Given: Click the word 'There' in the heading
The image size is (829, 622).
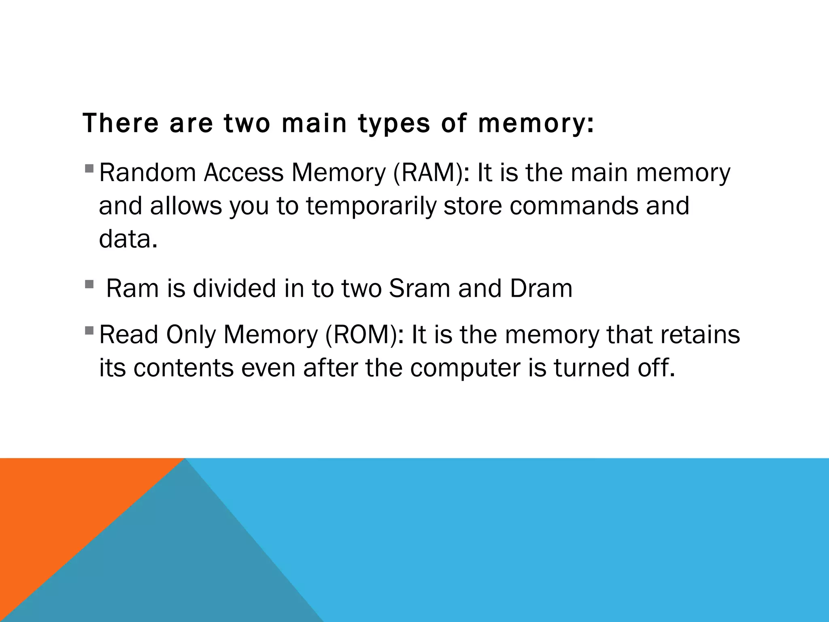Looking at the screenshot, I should (x=121, y=123).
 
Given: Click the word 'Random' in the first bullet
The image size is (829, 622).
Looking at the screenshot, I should (x=147, y=173).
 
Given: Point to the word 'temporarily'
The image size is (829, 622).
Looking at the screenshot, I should (x=371, y=206).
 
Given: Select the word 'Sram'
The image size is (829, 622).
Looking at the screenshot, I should (x=419, y=288).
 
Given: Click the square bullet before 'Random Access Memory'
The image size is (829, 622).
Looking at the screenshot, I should (x=89, y=168).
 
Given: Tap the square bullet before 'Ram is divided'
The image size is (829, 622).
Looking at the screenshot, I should (x=89, y=284).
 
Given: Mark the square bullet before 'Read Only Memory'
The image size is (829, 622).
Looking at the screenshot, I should (x=89, y=330).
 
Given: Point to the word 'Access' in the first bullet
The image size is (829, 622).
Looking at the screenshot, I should (x=244, y=173).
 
